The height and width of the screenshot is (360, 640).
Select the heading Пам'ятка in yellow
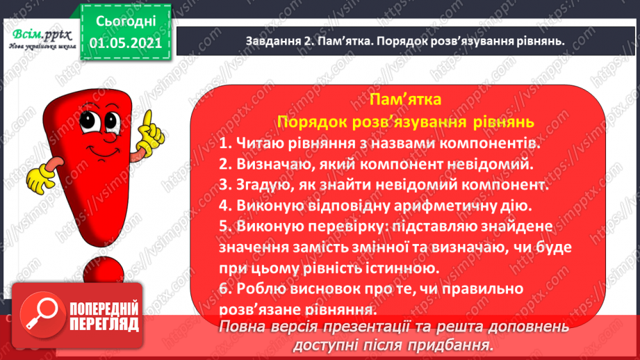click(406, 98)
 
